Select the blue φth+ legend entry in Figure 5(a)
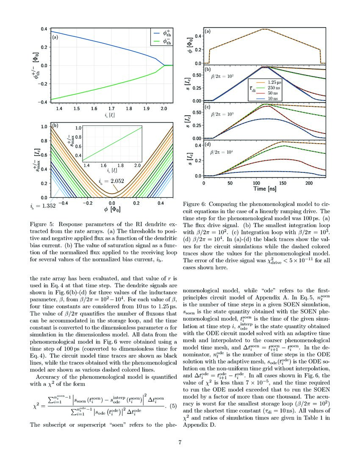pos(162,33)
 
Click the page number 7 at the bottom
pos(180,443)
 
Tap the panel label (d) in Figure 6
pos(208,144)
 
